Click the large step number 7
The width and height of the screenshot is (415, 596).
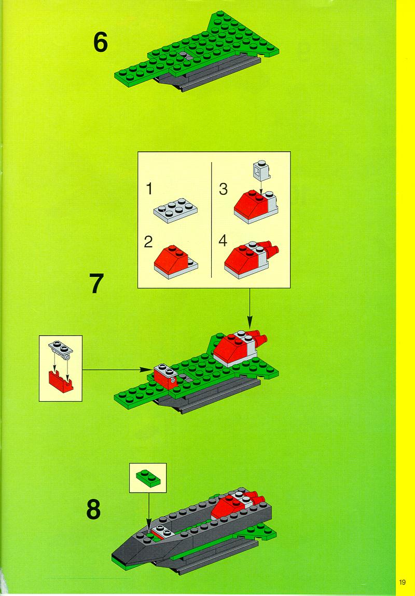click(x=97, y=283)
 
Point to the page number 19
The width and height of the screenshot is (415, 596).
click(x=403, y=582)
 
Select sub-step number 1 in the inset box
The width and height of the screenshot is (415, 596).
click(x=149, y=189)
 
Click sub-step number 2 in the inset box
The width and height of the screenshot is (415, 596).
click(x=148, y=242)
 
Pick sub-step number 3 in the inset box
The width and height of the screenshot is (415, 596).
click(x=223, y=189)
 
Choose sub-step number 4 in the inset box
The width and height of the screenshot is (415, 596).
click(x=223, y=241)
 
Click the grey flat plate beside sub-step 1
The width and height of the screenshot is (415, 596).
click(x=175, y=210)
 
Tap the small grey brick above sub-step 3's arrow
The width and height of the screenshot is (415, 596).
click(x=262, y=170)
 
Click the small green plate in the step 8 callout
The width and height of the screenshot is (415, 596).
click(x=148, y=478)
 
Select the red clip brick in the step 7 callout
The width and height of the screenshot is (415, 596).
click(x=61, y=381)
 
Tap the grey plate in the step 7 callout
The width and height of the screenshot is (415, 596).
click(x=61, y=348)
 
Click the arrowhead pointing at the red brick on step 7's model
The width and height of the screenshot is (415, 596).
click(x=149, y=369)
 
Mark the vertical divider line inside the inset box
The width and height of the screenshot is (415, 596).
click(x=211, y=220)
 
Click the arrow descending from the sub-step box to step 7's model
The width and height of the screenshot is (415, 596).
click(x=250, y=308)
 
